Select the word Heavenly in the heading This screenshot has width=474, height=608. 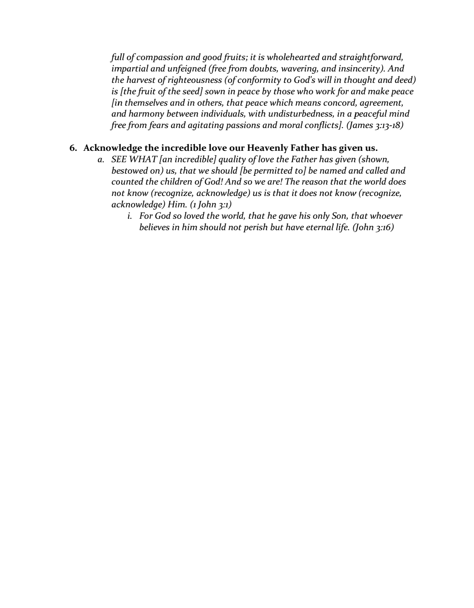[268, 148]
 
